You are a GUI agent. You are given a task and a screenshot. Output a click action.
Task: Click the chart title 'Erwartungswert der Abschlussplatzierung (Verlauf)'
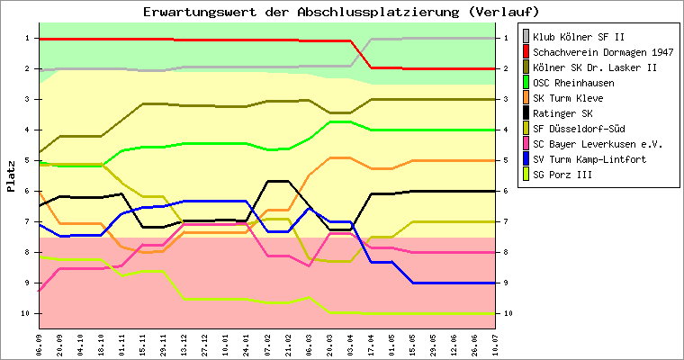(341, 12)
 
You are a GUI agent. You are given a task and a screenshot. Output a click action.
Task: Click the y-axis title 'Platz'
(11, 176)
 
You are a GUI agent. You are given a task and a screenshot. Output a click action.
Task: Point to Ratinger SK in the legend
(562, 113)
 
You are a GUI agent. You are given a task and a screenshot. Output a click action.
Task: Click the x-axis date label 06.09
(39, 345)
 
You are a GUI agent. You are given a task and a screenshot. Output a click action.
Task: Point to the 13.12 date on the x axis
(184, 345)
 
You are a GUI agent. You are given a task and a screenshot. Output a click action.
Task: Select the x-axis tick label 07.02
(267, 345)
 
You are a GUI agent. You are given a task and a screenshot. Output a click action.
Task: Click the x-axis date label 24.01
(247, 345)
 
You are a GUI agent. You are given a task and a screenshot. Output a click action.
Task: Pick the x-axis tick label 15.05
(412, 345)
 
